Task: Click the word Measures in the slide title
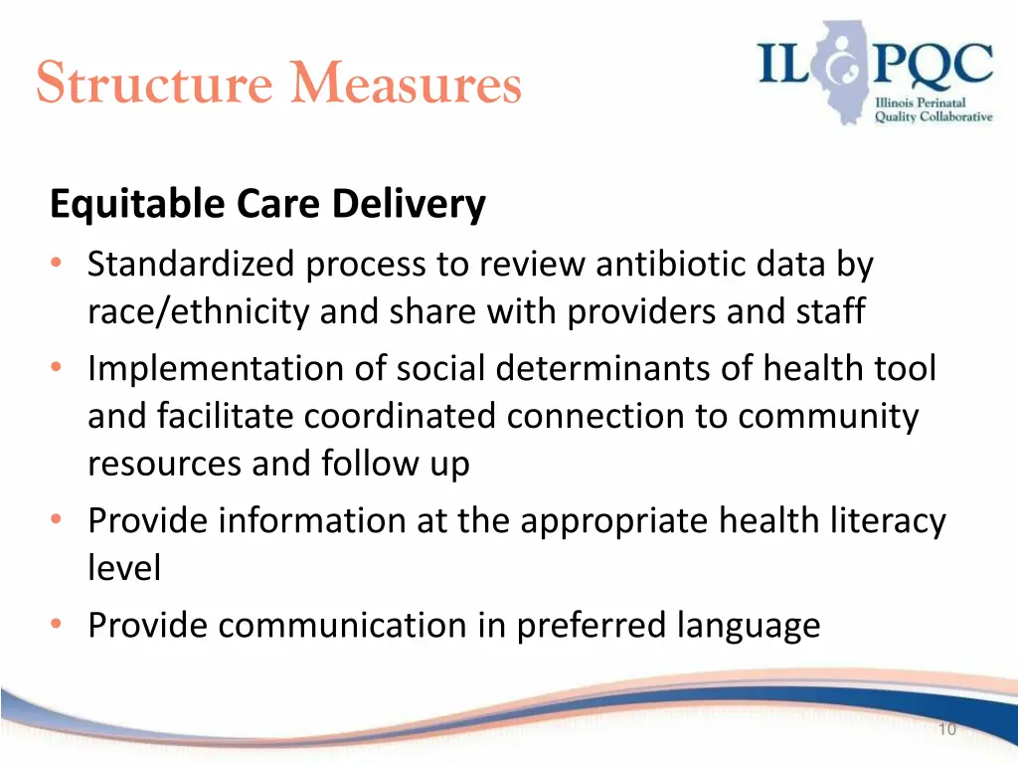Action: click(x=406, y=84)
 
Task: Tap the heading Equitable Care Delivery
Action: click(x=267, y=205)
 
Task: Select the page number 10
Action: click(x=945, y=730)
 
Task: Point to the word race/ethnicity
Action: click(x=200, y=312)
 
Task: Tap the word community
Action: click(x=828, y=416)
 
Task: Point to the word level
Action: click(x=123, y=568)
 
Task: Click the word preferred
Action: click(x=594, y=625)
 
